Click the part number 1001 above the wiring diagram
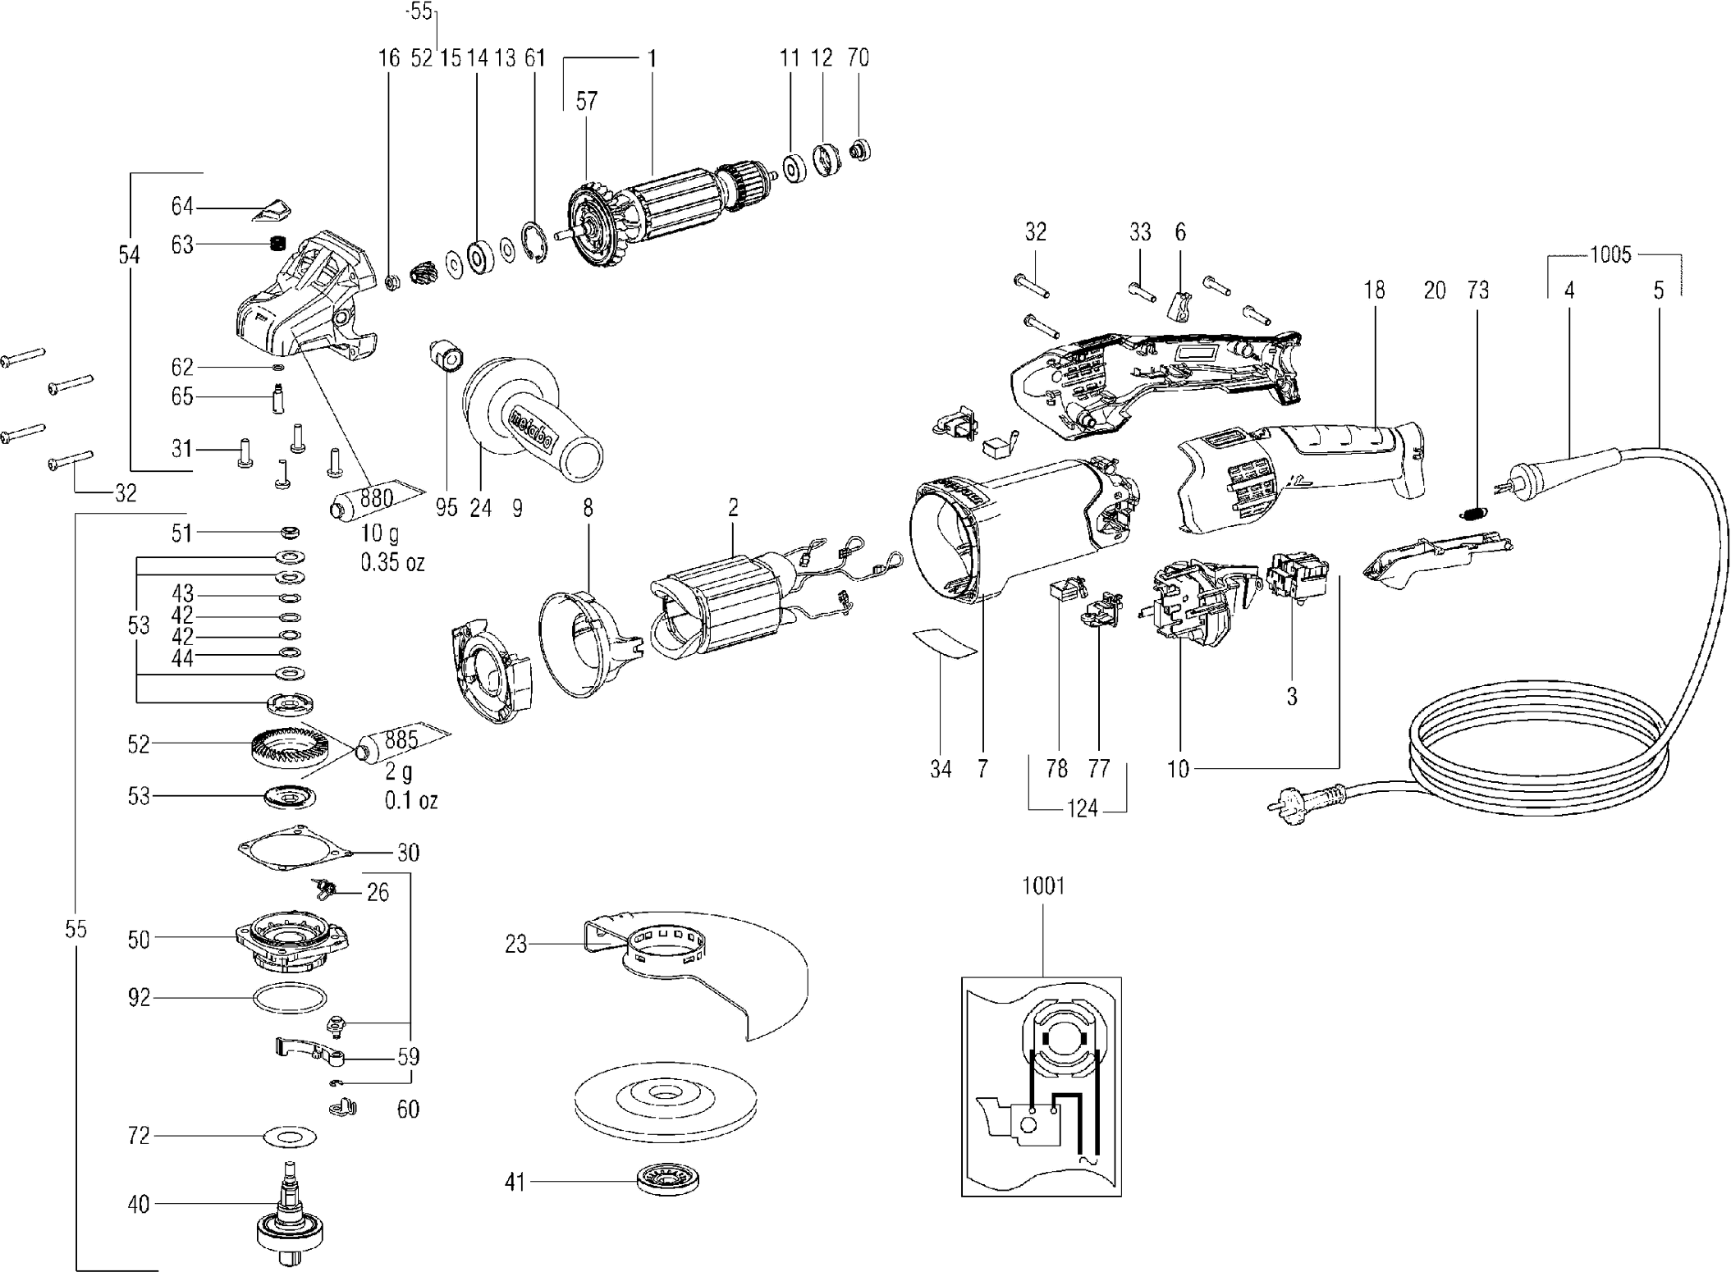click(1043, 886)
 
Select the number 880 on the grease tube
click(376, 497)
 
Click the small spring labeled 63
click(277, 244)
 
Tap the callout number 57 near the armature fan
click(586, 102)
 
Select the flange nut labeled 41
click(668, 1182)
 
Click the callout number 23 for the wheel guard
click(515, 945)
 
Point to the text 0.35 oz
click(392, 562)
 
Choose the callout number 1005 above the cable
click(1610, 255)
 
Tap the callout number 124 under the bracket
click(1082, 809)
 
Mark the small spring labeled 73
click(1475, 514)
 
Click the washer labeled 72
click(290, 1137)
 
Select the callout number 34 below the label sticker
click(941, 769)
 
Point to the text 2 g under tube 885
click(399, 772)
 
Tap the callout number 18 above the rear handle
click(1374, 290)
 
